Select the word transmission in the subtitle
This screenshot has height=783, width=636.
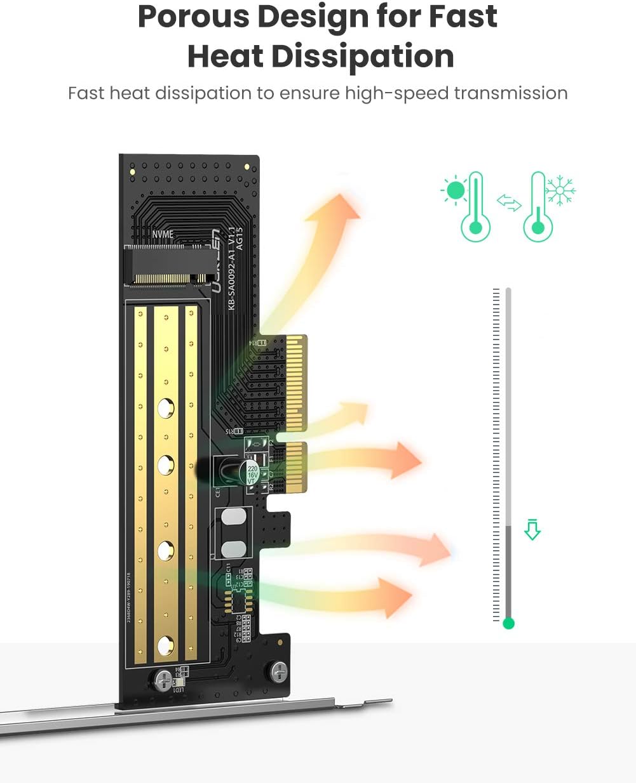click(x=511, y=93)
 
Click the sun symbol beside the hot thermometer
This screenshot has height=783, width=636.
click(x=455, y=190)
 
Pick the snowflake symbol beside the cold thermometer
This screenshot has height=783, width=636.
click(x=561, y=190)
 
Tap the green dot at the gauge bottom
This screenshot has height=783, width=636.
click(x=508, y=623)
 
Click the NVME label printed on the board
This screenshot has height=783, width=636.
click(x=163, y=234)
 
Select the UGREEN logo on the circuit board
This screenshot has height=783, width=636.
click(x=215, y=260)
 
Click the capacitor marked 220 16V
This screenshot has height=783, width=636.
click(x=252, y=472)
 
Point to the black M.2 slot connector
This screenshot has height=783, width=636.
click(x=169, y=266)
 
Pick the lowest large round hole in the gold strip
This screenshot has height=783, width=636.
click(x=166, y=645)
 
